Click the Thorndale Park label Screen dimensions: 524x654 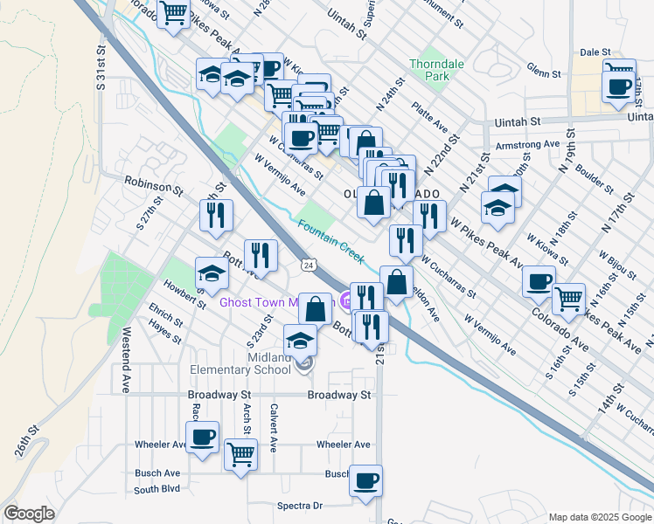click(x=429, y=70)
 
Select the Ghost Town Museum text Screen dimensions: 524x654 click(x=271, y=303)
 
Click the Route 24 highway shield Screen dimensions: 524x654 click(x=307, y=264)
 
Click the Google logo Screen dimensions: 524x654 click(x=29, y=514)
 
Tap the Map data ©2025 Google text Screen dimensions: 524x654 click(x=598, y=517)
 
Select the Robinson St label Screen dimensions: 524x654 click(x=153, y=184)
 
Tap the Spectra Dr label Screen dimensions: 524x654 click(x=300, y=506)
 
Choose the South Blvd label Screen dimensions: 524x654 click(x=157, y=490)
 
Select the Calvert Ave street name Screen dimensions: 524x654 click(x=274, y=427)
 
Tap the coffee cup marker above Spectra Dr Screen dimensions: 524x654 click(x=365, y=480)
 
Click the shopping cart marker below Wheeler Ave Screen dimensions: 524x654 click(x=240, y=452)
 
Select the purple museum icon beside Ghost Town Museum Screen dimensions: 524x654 click(x=346, y=303)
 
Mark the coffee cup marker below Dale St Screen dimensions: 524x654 click(x=619, y=86)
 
